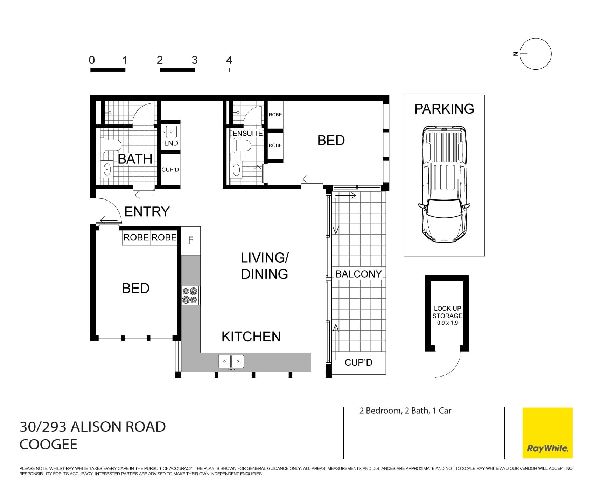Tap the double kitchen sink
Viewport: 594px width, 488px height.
click(x=231, y=361)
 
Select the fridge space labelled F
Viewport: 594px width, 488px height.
click(x=191, y=240)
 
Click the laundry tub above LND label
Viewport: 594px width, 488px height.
click(x=171, y=132)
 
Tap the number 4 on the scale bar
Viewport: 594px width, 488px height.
click(x=229, y=60)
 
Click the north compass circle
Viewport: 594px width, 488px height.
click(x=536, y=54)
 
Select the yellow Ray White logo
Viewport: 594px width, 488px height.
click(x=547, y=433)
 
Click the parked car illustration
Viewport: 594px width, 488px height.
click(x=444, y=184)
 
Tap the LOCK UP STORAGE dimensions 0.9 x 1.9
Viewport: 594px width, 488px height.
click(x=447, y=323)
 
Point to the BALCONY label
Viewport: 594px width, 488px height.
click(x=358, y=274)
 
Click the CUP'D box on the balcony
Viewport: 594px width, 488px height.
click(x=358, y=362)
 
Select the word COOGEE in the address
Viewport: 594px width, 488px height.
click(x=48, y=445)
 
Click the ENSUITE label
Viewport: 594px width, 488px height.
click(x=247, y=133)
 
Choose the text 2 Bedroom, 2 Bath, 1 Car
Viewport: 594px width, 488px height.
click(x=405, y=411)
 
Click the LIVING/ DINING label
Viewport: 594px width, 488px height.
click(x=265, y=266)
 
